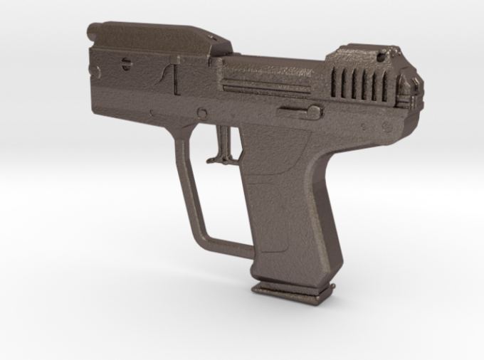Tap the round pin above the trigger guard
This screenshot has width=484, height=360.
point(202,113)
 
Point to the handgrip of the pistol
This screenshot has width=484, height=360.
point(292,206)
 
